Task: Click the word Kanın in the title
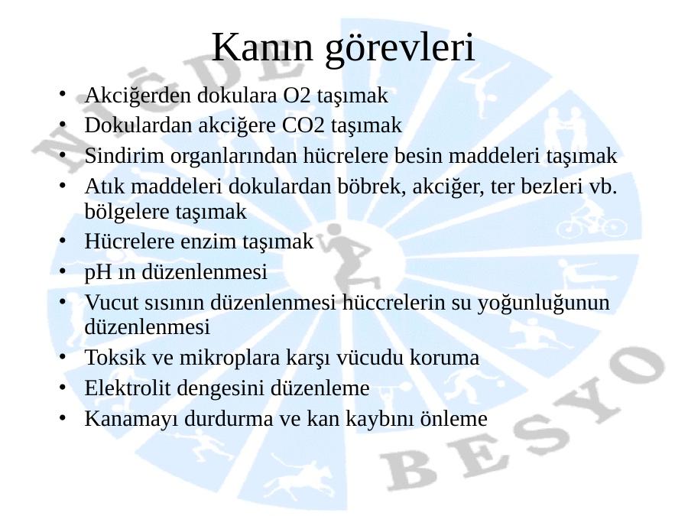262,47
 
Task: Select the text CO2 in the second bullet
303,125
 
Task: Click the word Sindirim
124,156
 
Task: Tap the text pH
98,272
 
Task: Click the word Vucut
112,302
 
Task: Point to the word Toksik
115,357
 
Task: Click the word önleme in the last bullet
453,419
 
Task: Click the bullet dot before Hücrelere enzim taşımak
63,241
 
